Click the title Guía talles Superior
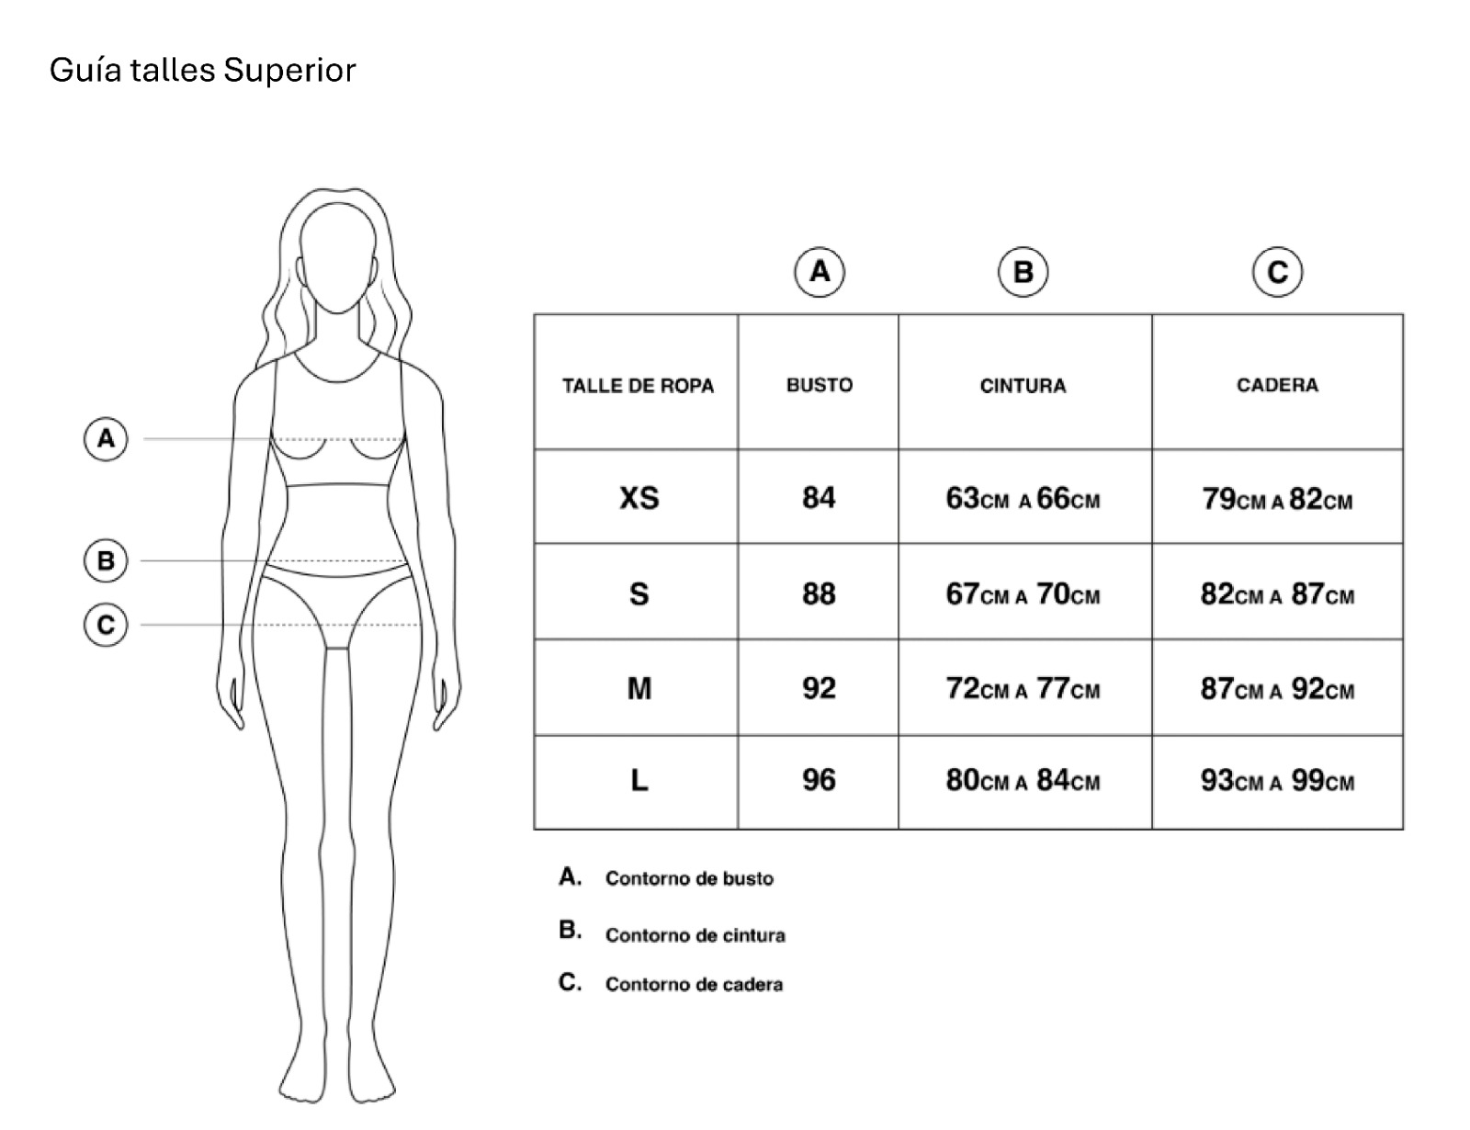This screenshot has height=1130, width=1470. point(202,70)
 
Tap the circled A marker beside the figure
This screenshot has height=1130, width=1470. point(107,438)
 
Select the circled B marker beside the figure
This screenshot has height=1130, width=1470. point(107,560)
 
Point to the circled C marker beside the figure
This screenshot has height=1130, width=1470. point(107,625)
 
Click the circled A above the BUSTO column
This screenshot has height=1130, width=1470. point(820,271)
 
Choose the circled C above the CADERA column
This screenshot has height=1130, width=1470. point(1277,272)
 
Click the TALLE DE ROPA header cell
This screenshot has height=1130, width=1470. point(638,385)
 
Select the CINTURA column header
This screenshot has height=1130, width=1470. point(1023,385)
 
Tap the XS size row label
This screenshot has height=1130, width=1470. point(639,498)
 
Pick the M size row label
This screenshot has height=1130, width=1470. point(639,688)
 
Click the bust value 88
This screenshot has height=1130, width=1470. point(819,593)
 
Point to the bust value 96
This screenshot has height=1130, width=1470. point(819,780)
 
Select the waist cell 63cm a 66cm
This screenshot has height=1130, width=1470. point(1023,499)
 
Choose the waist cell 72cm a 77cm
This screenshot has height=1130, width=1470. point(1023,688)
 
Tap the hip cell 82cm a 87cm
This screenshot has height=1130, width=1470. point(1277,594)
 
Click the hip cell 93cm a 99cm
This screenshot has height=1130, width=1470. point(1277,781)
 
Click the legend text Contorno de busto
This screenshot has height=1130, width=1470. point(689,878)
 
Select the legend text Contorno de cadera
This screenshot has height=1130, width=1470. point(694,984)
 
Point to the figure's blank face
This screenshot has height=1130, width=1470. point(340,257)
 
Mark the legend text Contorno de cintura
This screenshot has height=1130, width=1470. point(695,935)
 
